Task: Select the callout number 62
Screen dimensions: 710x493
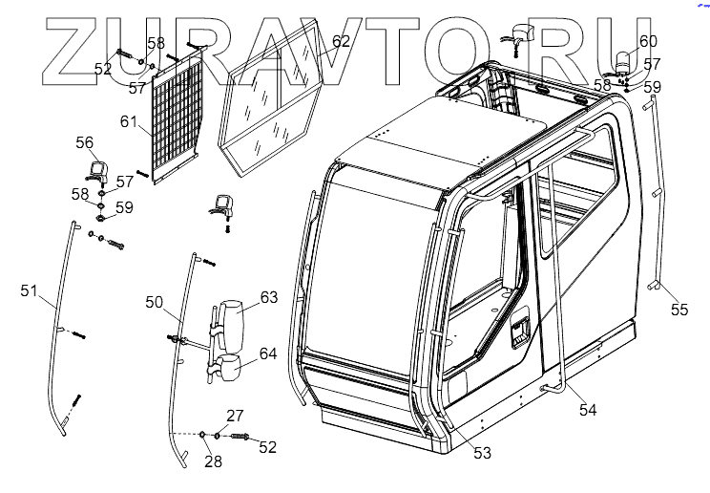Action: [341, 41]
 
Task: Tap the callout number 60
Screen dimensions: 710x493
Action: [648, 41]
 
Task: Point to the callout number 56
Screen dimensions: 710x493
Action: [85, 142]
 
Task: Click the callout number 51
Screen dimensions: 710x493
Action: [29, 289]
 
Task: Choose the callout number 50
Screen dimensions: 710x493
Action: [155, 302]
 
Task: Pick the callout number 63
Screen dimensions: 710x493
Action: [268, 297]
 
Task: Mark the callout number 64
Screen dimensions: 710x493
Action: [268, 354]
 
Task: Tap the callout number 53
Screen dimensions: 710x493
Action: [482, 453]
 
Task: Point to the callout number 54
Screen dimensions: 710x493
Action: [588, 409]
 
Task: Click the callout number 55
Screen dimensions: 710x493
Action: [679, 310]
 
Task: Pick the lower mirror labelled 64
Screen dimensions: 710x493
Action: [231, 369]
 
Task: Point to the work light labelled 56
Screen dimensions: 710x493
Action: [96, 172]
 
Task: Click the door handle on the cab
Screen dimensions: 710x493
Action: [520, 332]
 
